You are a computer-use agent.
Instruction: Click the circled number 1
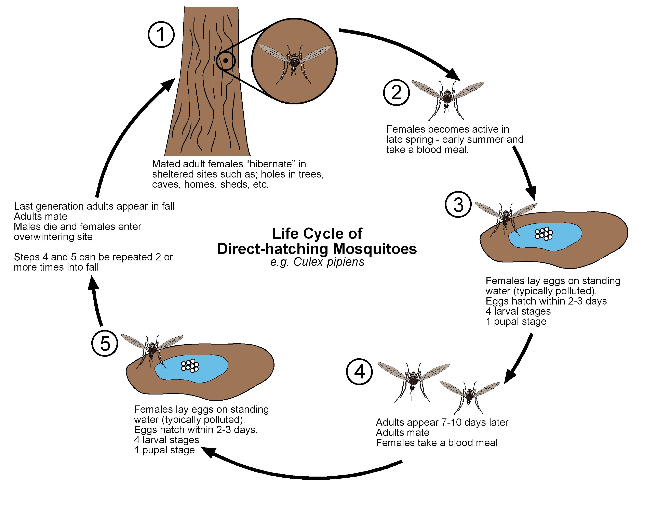click(161, 34)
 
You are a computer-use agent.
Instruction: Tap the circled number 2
click(396, 93)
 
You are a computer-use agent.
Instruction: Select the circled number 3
click(458, 205)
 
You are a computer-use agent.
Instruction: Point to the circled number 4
click(359, 372)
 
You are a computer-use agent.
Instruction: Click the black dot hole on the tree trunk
click(226, 61)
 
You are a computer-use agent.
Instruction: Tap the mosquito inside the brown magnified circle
click(294, 61)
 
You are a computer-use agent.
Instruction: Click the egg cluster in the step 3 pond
click(544, 234)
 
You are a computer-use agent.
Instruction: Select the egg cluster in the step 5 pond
click(190, 365)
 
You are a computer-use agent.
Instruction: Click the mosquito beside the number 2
click(447, 98)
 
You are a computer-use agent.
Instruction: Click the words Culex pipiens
click(329, 262)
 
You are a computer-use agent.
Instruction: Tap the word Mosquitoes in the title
click(375, 249)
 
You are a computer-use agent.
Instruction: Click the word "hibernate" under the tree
click(270, 164)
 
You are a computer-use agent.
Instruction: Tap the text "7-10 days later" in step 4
click(475, 422)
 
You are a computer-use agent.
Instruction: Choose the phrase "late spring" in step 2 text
click(410, 140)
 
